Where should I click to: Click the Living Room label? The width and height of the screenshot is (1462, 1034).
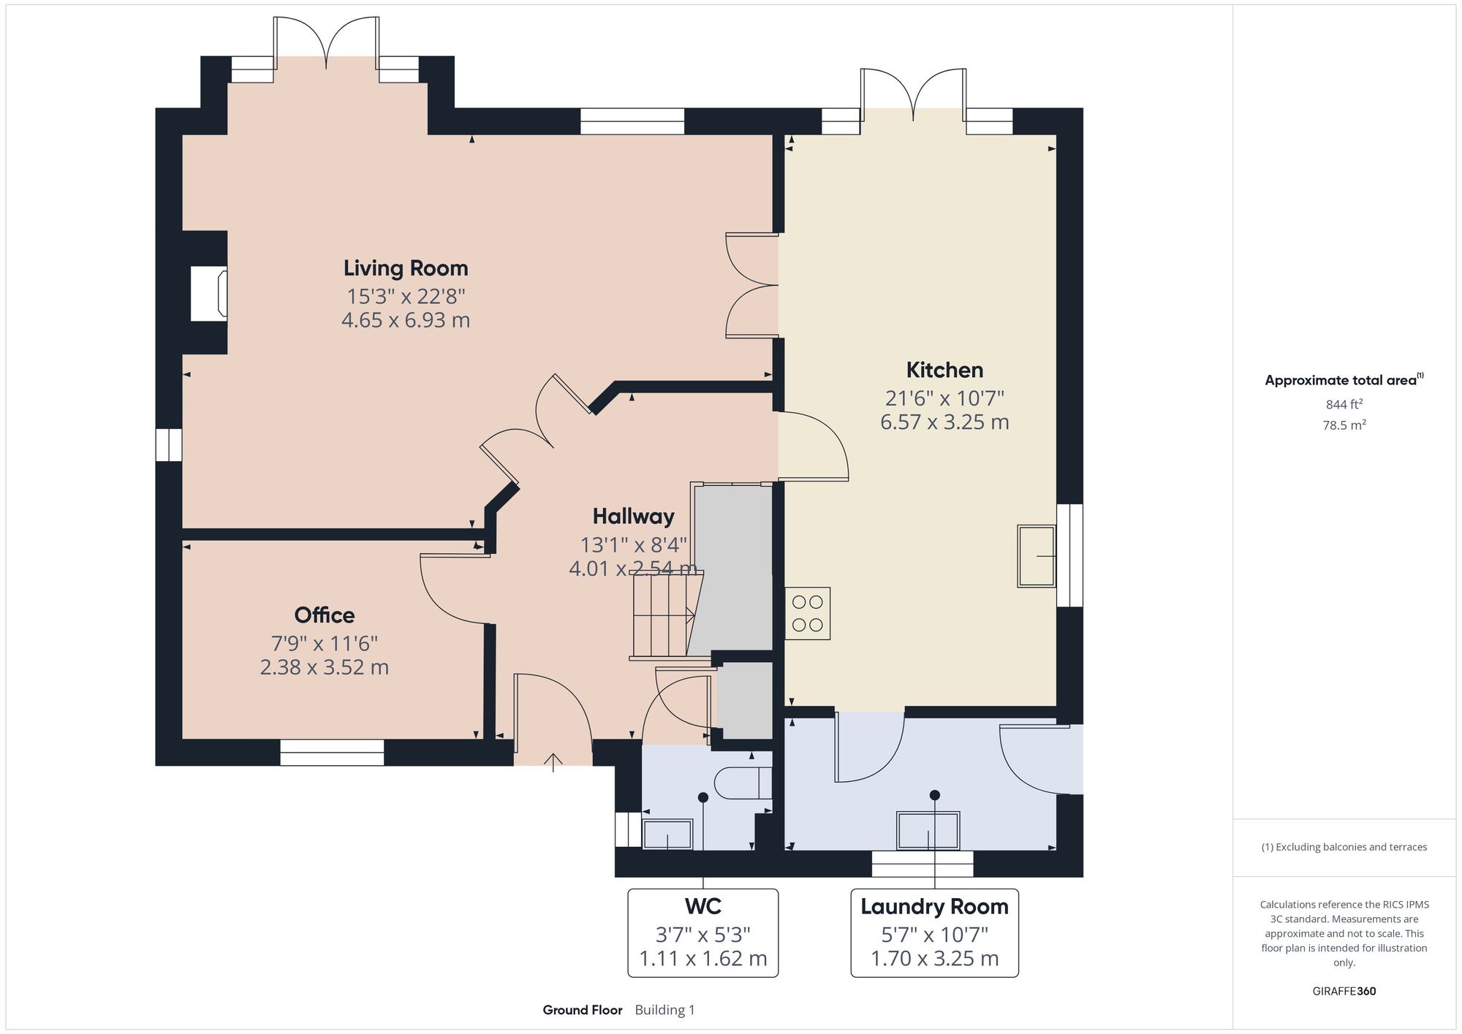click(406, 268)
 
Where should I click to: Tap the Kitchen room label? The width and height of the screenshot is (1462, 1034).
click(944, 370)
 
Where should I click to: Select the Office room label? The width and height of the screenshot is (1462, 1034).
click(325, 615)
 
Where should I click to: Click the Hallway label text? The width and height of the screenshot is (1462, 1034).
click(633, 517)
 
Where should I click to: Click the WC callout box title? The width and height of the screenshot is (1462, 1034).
click(702, 907)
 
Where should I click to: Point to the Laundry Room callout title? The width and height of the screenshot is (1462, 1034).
click(934, 907)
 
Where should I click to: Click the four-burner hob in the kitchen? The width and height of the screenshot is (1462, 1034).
click(808, 614)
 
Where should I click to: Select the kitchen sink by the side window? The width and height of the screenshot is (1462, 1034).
click(1037, 556)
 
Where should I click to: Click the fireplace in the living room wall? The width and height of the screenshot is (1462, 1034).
click(209, 293)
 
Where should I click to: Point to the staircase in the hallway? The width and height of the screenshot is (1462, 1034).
click(662, 616)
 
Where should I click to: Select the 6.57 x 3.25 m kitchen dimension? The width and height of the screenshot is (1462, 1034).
click(944, 422)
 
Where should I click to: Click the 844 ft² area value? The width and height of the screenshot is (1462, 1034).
click(1344, 404)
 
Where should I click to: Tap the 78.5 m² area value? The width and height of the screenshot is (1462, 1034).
click(1344, 425)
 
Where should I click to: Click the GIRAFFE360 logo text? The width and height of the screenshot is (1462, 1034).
click(1344, 992)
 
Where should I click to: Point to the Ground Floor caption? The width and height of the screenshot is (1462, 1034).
click(583, 1010)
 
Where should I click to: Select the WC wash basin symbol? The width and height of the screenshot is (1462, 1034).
click(667, 835)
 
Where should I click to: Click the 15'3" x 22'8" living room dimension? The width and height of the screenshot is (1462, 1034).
click(406, 297)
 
